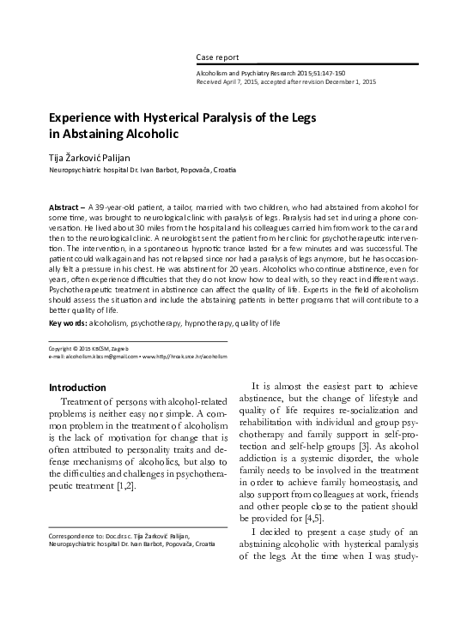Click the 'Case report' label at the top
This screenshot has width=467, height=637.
pyautogui.click(x=217, y=57)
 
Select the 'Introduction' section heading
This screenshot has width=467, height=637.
pyautogui.click(x=77, y=387)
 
